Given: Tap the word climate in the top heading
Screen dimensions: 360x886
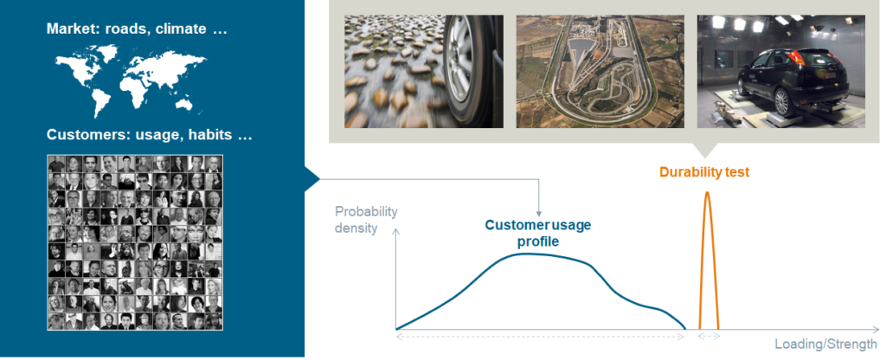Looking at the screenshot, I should (180, 29).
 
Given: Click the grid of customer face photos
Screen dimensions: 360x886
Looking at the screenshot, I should (134, 241).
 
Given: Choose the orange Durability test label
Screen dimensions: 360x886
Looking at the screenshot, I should (703, 172).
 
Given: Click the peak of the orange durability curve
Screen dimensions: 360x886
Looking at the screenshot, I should (708, 192).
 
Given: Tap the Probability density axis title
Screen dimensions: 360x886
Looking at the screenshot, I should (365, 220).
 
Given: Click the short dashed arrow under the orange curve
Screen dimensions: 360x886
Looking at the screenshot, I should (709, 336).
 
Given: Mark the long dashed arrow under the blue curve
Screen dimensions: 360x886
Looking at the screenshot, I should (540, 336).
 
